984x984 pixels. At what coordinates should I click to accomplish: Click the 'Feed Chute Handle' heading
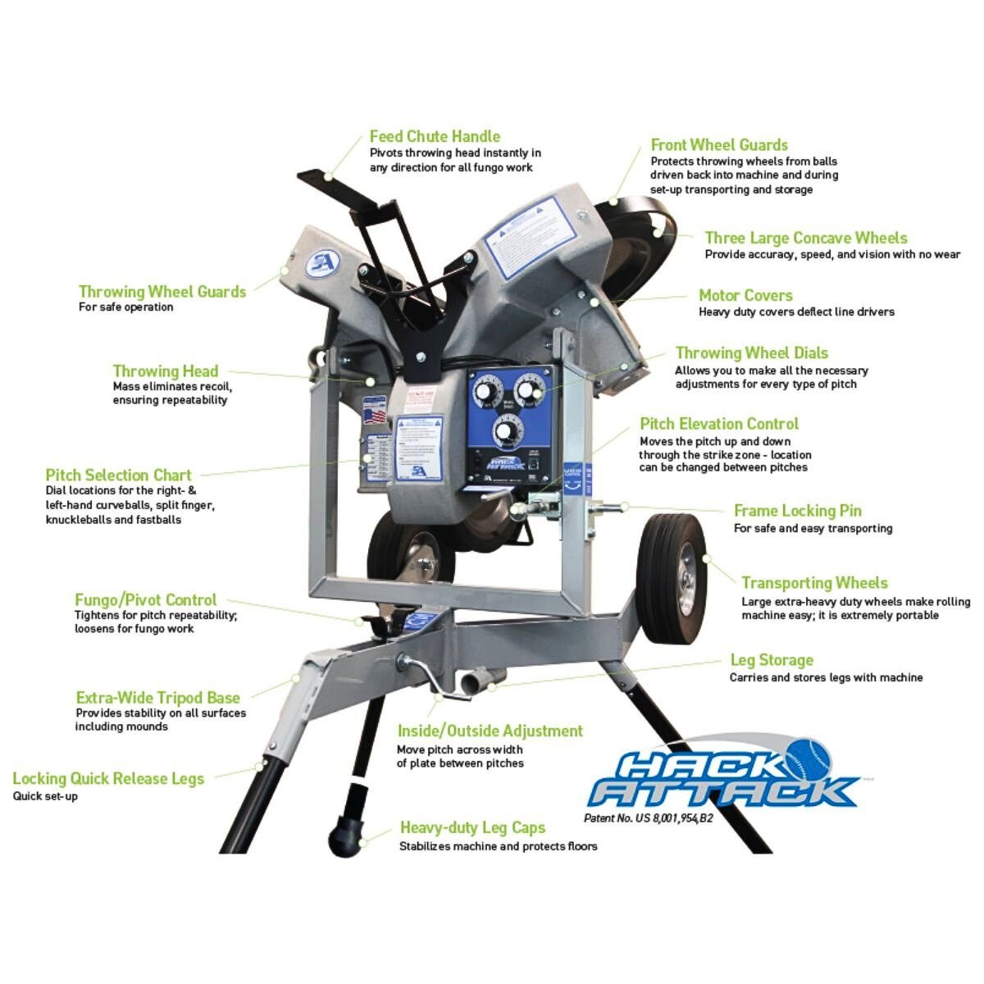pos(435,136)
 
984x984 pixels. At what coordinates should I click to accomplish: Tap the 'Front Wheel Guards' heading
pos(719,145)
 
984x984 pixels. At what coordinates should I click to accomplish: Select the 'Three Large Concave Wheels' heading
pos(806,238)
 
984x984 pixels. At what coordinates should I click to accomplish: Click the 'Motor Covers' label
pos(745,295)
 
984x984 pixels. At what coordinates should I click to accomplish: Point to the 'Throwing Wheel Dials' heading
pos(751,353)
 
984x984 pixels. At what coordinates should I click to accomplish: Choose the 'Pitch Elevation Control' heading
pos(719,423)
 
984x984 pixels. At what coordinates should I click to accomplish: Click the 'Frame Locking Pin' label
pos(797,510)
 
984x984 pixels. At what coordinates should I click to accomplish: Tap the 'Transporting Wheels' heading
pos(814,583)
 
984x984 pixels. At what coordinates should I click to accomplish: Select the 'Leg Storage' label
pos(772,660)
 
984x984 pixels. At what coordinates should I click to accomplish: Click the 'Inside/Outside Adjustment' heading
pos(490,731)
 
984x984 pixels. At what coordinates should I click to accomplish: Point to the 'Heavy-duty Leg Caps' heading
pos(472,827)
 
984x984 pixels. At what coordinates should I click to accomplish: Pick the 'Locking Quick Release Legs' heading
pos(108,778)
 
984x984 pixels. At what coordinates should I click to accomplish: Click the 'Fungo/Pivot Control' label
pos(146,599)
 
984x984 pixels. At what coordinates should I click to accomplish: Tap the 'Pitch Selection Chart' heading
pos(118,475)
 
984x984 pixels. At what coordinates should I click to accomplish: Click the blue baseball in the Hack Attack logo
pos(810,758)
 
